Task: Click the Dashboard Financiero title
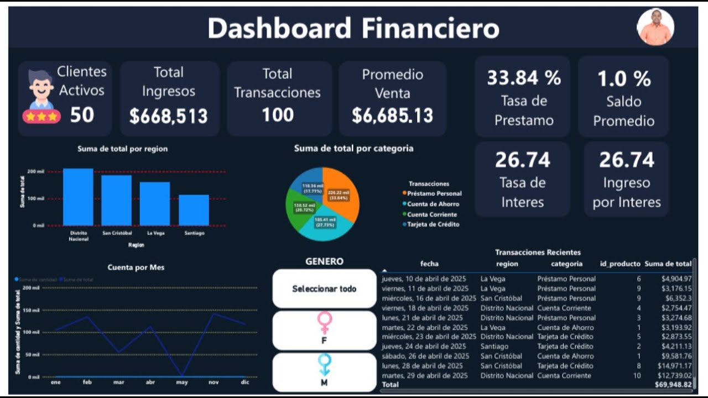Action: click(x=353, y=28)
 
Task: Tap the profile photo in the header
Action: click(x=655, y=27)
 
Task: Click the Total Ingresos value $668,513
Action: click(x=169, y=116)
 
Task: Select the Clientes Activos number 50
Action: click(x=82, y=115)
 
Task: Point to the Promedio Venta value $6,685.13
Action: click(x=392, y=116)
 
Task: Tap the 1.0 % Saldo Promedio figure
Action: click(x=624, y=79)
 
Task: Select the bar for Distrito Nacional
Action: click(x=78, y=197)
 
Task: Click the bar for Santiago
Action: click(x=194, y=210)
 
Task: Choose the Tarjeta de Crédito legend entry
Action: click(x=431, y=224)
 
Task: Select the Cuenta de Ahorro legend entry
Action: click(x=433, y=204)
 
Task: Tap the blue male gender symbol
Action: click(x=324, y=365)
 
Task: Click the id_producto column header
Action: click(x=620, y=264)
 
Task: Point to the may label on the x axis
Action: click(x=182, y=382)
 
